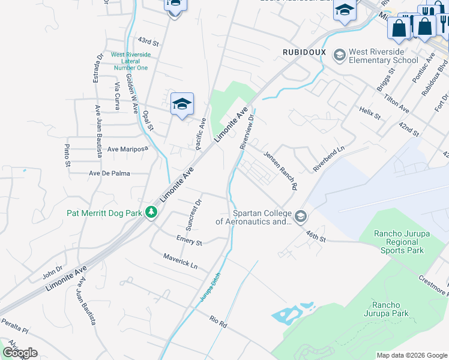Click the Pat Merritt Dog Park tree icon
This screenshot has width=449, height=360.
[152, 212]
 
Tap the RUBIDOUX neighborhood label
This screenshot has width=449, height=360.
[304, 53]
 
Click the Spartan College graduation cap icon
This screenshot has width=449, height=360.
[301, 215]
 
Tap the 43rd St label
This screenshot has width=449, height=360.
[148, 43]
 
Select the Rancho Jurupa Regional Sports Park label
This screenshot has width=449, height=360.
[399, 242]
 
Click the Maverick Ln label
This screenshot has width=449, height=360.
[180, 260]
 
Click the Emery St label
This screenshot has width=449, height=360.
[189, 241]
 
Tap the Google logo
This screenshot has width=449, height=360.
[20, 353]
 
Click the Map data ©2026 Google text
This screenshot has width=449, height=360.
[411, 355]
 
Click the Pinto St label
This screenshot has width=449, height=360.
[68, 155]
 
